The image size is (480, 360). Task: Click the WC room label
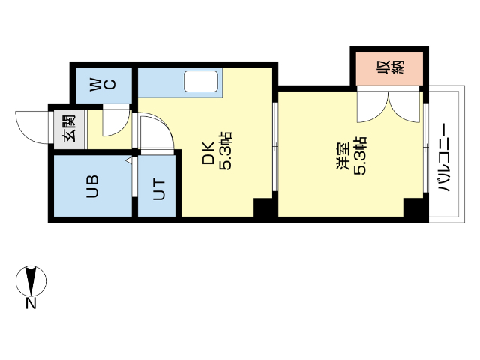tap(103, 84)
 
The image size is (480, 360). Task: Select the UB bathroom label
tap(91, 186)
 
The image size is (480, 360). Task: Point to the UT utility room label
tap(159, 188)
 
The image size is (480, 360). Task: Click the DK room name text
tap(208, 154)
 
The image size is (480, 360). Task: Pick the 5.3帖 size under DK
tap(226, 152)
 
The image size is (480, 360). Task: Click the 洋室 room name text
tap(342, 160)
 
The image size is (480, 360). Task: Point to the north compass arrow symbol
tap(31, 280)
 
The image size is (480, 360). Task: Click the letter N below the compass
tap(31, 303)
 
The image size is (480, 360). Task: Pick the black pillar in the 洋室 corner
tap(413, 208)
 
